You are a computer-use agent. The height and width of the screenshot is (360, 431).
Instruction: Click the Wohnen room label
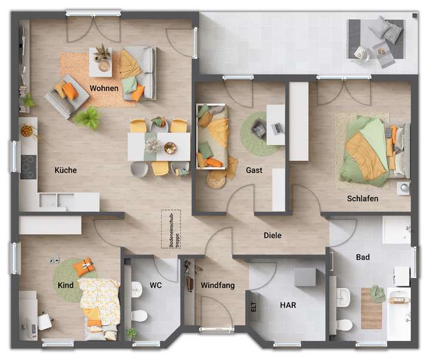coord(104,89)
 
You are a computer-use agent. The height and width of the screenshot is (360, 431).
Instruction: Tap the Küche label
coord(65,170)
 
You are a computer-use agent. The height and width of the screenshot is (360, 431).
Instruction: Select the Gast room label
coord(254,170)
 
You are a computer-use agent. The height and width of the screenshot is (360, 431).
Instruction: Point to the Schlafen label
coord(362,198)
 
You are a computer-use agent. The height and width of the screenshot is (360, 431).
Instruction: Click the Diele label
coord(272,235)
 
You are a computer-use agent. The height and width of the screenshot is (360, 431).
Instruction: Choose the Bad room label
coord(362,258)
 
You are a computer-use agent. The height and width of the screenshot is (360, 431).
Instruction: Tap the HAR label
coord(288,305)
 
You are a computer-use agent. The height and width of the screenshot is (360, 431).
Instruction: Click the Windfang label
coord(217,285)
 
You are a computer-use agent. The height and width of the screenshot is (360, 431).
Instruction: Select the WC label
coord(156,285)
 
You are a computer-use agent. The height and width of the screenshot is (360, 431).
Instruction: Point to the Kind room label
coord(66,285)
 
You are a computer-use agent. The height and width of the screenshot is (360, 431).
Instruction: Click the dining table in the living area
coord(159,146)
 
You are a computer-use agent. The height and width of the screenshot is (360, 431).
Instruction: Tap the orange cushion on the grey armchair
coord(70,91)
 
